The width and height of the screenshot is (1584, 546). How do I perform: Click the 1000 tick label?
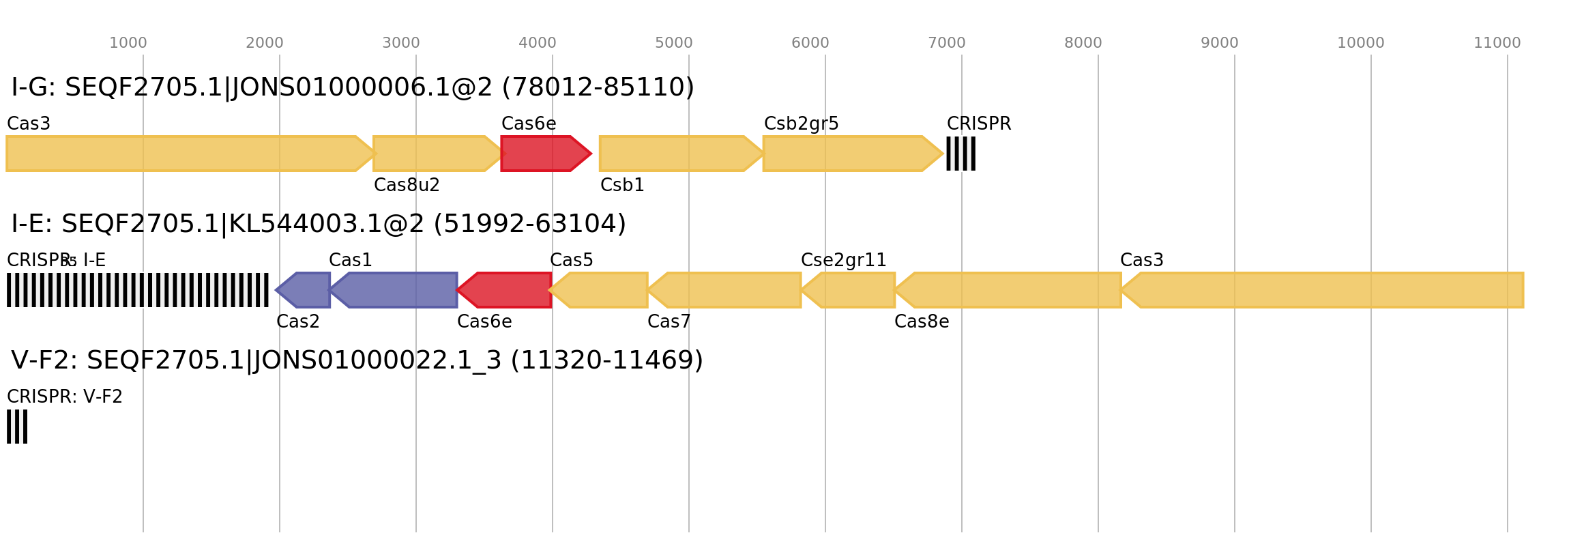tap(128, 43)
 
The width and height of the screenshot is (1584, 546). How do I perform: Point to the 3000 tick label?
tap(401, 43)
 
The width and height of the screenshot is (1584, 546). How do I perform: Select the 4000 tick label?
tap(538, 43)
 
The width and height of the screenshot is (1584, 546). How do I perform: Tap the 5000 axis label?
tap(674, 43)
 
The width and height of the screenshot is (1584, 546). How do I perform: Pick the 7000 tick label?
tap(947, 43)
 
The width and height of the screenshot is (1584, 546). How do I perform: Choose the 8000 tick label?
tap(1083, 43)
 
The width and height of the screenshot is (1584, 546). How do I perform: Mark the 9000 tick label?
tap(1220, 43)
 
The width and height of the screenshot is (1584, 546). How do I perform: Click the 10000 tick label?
tap(1361, 43)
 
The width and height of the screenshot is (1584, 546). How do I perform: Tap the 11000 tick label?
tap(1497, 43)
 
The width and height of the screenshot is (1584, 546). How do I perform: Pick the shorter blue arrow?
tap(304, 290)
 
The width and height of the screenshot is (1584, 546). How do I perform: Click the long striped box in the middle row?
tap(138, 290)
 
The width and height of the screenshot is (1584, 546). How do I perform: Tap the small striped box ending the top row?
tap(960, 154)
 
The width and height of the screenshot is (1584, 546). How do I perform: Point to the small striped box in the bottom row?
tap(17, 427)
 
